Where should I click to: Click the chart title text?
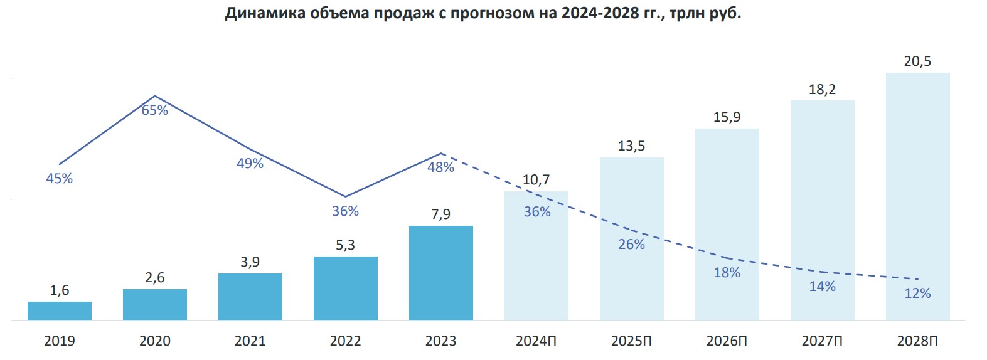tap(483, 13)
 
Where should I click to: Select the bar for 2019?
tap(60, 311)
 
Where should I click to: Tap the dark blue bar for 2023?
tap(441, 273)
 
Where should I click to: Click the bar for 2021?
tap(250, 297)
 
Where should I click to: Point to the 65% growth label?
tap(155, 110)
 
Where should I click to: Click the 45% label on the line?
tap(60, 179)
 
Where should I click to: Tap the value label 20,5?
tap(917, 61)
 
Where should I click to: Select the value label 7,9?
tap(441, 214)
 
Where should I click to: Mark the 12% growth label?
tap(917, 294)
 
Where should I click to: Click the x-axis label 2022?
tap(346, 341)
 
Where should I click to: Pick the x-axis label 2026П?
tap(727, 341)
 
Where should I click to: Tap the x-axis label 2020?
tap(155, 341)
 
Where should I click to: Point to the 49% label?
tap(250, 164)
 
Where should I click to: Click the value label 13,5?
tap(631, 146)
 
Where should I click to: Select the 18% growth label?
tap(727, 273)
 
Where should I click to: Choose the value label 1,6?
tap(60, 290)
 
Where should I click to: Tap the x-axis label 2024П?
tap(536, 341)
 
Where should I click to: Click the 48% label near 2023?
tap(440, 167)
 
